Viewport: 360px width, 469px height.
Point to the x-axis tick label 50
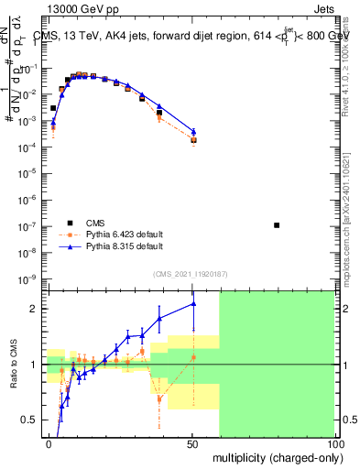191,443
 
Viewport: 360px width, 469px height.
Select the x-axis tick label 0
49,443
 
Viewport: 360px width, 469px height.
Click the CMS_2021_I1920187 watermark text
190,274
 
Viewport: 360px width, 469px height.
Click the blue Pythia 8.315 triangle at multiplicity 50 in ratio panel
193,303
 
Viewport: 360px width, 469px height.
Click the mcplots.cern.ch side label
352,229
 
